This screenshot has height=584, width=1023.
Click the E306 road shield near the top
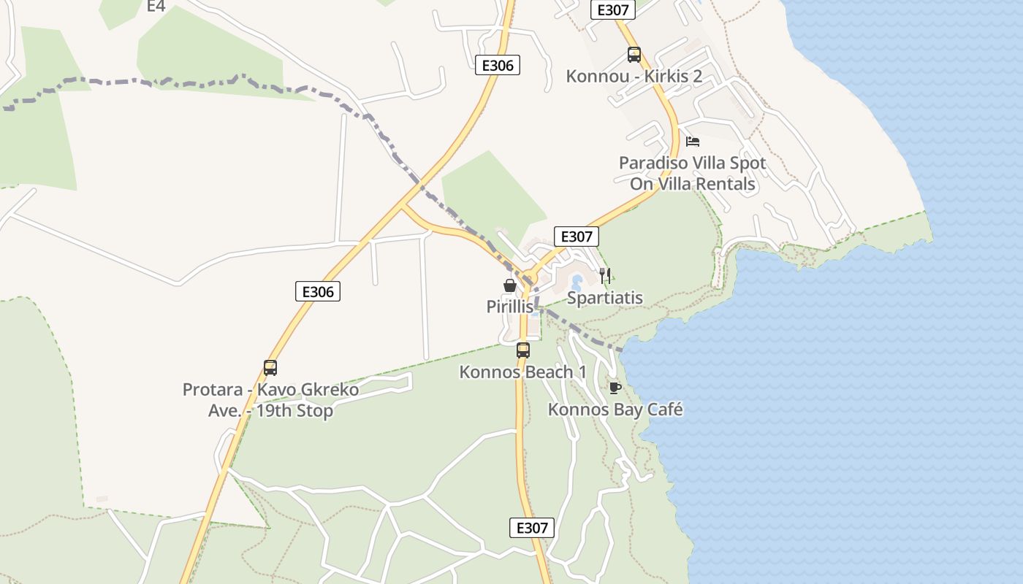click(x=498, y=65)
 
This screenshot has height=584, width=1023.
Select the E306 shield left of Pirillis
click(x=318, y=291)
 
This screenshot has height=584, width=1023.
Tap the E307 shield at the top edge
click(x=612, y=9)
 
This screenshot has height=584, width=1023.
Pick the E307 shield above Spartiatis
click(x=577, y=237)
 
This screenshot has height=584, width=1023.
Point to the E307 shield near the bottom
click(x=531, y=528)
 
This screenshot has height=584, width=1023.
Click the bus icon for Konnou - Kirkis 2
click(x=634, y=54)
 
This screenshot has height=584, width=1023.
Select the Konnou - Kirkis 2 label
click(x=634, y=77)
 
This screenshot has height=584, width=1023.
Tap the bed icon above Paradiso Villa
click(x=693, y=141)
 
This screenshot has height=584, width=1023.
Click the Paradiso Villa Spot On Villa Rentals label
click(x=693, y=173)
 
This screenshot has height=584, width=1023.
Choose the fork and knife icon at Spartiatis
click(x=605, y=275)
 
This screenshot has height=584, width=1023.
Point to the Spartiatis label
click(x=605, y=298)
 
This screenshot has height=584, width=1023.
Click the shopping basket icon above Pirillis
click(x=510, y=285)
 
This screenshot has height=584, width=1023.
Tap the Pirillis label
click(x=510, y=307)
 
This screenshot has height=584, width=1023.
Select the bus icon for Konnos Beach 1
click(x=522, y=350)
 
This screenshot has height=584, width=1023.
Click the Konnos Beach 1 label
click(x=522, y=372)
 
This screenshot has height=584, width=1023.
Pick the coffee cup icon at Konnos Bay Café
click(x=615, y=387)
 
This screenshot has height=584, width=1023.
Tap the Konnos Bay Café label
click(x=615, y=410)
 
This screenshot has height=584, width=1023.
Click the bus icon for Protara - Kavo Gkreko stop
click(x=270, y=367)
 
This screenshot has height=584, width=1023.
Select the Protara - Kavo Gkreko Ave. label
click(x=270, y=400)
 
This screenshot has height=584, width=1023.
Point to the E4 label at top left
click(x=156, y=6)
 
